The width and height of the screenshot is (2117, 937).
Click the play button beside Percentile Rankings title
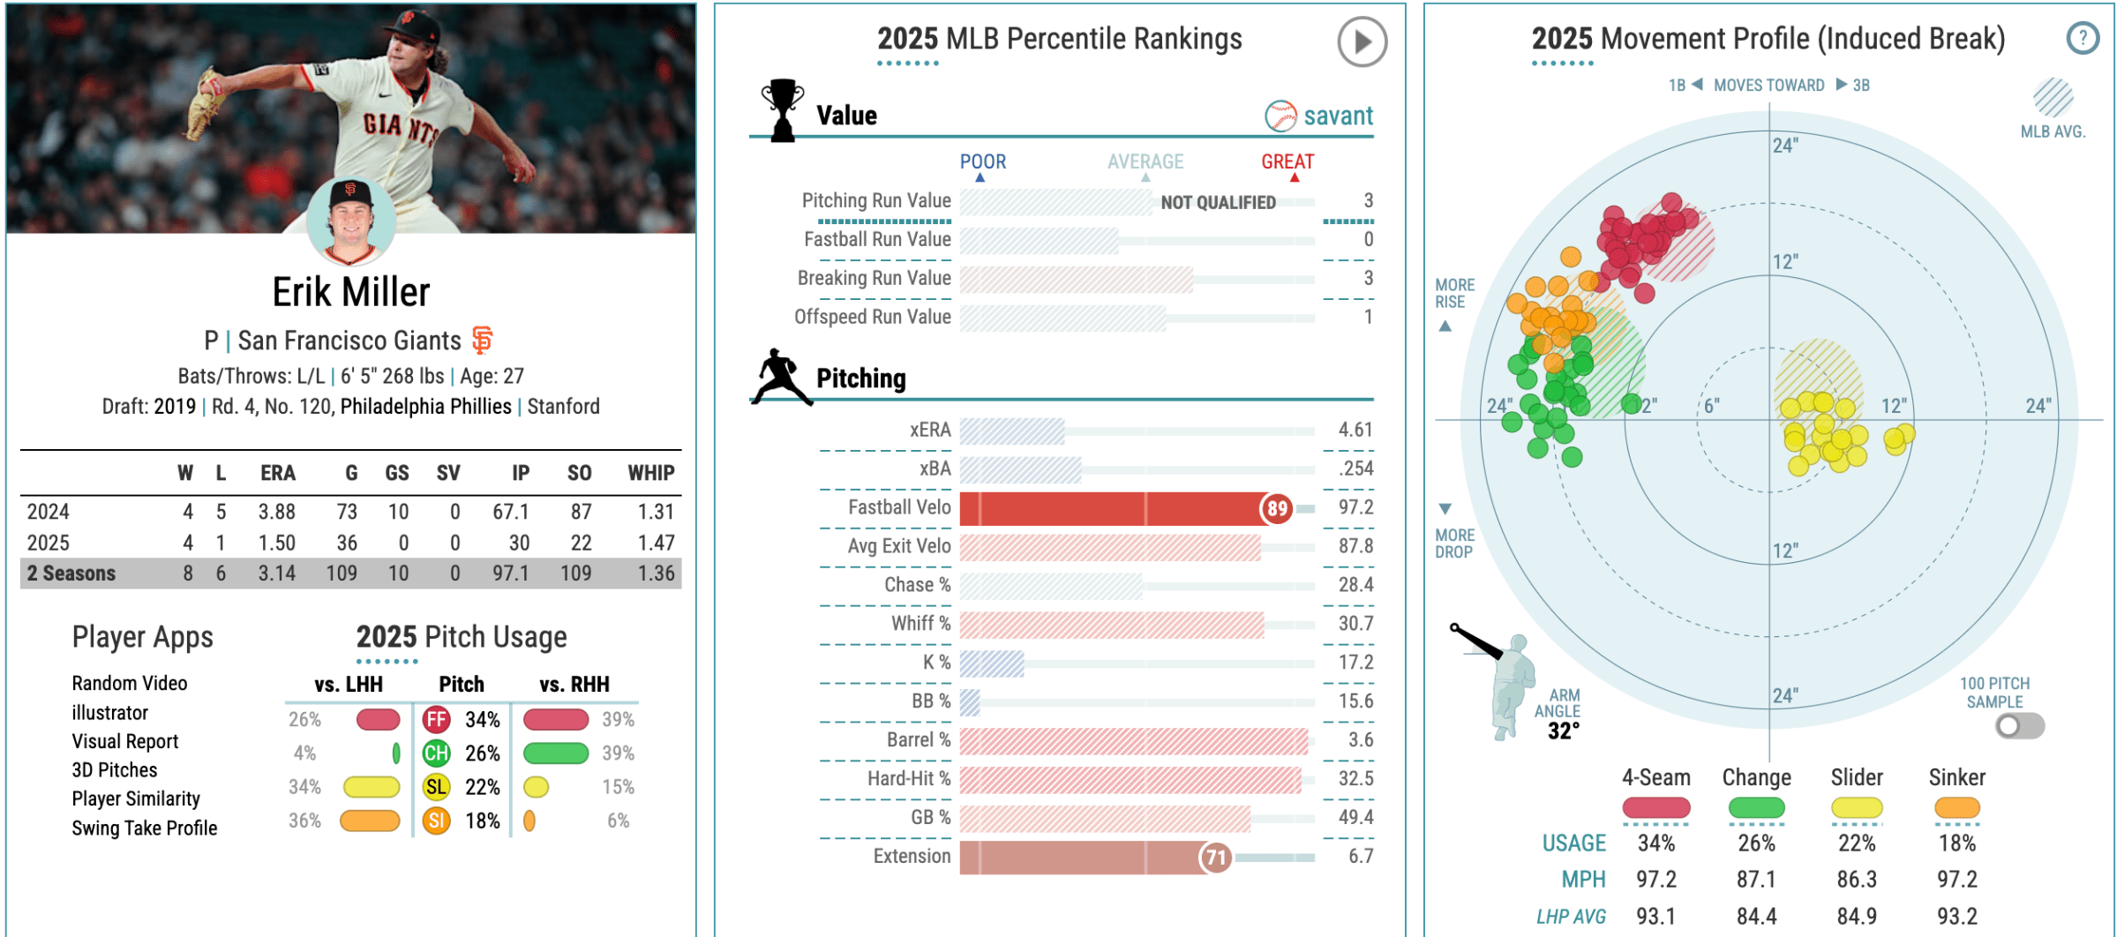(x=1361, y=41)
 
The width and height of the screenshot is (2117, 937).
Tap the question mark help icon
(x=2082, y=39)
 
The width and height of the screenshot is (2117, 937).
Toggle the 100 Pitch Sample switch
(x=2019, y=726)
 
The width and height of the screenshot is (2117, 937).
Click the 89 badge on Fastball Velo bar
(x=1276, y=508)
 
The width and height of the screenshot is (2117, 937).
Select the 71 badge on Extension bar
(x=1215, y=857)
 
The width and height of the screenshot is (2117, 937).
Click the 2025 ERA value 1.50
(x=276, y=543)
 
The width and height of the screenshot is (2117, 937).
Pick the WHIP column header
(x=650, y=473)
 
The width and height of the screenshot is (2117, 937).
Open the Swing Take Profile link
(x=144, y=828)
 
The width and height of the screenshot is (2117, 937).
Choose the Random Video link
(x=129, y=683)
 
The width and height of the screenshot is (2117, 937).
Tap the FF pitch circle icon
(x=436, y=720)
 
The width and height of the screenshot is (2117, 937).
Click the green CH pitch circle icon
(x=436, y=753)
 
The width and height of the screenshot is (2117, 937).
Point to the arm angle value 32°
(x=1563, y=731)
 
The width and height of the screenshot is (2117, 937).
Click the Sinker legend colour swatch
(x=1956, y=807)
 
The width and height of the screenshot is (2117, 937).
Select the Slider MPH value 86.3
(x=1856, y=880)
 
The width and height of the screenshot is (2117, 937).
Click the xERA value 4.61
(x=1355, y=430)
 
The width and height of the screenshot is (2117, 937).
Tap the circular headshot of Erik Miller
(x=350, y=221)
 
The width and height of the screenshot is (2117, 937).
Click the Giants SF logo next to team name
(x=482, y=340)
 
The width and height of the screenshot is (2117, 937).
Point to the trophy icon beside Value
(x=782, y=110)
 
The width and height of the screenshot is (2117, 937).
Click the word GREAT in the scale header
(x=1287, y=161)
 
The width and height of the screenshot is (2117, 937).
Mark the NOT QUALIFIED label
(x=1217, y=203)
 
